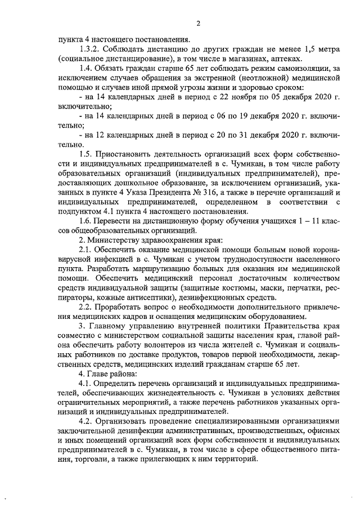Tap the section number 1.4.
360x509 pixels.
point(88,69)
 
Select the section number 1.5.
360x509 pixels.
point(88,154)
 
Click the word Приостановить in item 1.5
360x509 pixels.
point(124,154)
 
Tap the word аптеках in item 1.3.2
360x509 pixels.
point(286,59)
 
